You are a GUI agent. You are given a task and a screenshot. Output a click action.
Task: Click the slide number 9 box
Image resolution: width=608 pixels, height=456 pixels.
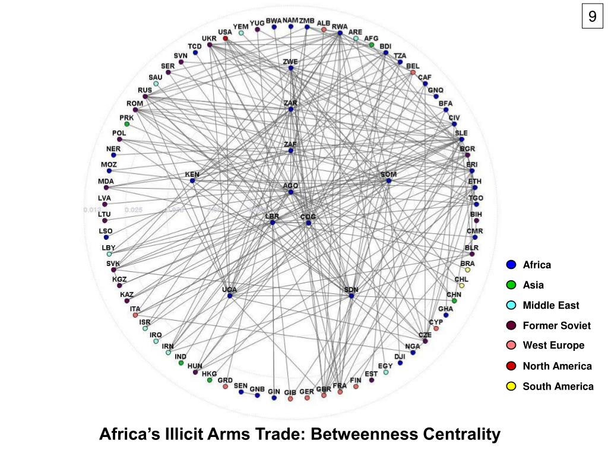(x=592, y=17)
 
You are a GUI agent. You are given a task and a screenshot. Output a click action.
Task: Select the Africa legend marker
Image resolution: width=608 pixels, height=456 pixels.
(x=511, y=265)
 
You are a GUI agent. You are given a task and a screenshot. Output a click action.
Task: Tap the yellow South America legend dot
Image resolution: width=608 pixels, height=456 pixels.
(x=511, y=387)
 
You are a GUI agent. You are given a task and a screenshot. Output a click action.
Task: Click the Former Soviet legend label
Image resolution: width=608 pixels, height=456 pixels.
(x=556, y=325)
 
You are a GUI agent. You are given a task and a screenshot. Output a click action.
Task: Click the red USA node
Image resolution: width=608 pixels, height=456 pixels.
(x=225, y=39)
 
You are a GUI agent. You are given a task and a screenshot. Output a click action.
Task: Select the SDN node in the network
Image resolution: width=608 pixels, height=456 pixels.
(x=351, y=296)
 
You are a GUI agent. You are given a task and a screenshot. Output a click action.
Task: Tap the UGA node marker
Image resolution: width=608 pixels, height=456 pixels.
(x=230, y=296)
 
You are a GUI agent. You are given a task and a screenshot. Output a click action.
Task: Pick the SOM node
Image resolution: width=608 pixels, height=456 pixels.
(x=389, y=180)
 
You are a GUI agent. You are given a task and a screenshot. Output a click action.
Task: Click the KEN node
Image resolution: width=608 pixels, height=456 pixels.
(x=192, y=180)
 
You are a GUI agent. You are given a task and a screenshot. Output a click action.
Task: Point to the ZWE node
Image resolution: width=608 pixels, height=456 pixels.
(x=291, y=68)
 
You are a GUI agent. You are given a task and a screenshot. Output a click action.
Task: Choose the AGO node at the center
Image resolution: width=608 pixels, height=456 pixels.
(x=291, y=192)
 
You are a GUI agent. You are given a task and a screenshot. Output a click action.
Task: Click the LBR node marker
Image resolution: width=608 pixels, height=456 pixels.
(x=273, y=223)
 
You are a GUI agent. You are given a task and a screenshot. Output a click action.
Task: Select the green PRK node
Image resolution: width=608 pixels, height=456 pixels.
(x=127, y=124)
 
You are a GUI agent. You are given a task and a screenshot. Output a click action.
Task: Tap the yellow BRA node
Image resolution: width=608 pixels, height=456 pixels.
(x=468, y=270)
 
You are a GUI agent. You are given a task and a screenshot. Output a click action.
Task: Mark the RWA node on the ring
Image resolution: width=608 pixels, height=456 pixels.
(x=340, y=33)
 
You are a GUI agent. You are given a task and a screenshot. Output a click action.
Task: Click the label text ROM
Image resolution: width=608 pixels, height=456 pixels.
(x=135, y=103)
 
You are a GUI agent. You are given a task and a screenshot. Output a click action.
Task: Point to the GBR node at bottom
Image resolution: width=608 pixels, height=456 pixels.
(x=324, y=395)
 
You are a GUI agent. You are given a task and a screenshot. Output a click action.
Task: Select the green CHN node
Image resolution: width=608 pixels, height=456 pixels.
(x=454, y=301)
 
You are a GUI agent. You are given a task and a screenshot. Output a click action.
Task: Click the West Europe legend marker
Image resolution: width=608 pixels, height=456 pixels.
(x=511, y=346)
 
